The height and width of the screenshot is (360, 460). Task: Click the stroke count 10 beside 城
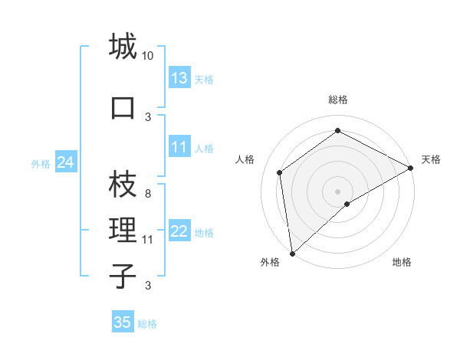click(x=148, y=56)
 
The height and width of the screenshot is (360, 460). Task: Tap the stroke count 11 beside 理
click(x=148, y=240)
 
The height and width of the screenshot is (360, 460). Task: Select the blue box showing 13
click(x=179, y=78)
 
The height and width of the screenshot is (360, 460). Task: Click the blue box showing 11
click(x=179, y=147)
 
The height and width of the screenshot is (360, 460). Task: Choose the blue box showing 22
click(x=179, y=231)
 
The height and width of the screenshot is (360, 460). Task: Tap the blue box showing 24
click(x=66, y=162)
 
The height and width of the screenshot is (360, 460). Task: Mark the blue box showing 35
click(x=123, y=322)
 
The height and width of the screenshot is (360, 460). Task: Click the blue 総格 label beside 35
click(x=147, y=324)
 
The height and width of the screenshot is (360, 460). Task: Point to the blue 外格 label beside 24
click(x=41, y=163)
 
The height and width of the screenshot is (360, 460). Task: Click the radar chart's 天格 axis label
click(x=431, y=159)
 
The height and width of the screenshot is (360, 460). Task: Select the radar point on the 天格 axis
click(x=410, y=168)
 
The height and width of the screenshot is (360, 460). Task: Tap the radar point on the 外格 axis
click(x=292, y=253)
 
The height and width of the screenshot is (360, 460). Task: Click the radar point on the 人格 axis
click(x=280, y=172)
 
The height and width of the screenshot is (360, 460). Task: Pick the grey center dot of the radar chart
click(x=337, y=191)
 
